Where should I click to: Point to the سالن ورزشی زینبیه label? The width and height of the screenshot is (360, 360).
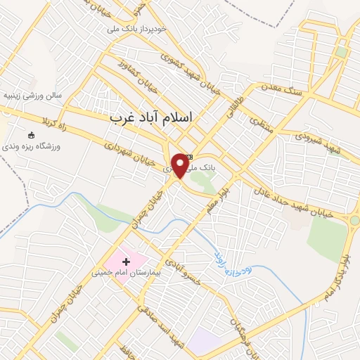[33, 94]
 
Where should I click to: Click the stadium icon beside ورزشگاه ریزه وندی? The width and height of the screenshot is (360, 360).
[30, 134]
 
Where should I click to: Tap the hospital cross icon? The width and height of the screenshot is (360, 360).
[126, 262]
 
